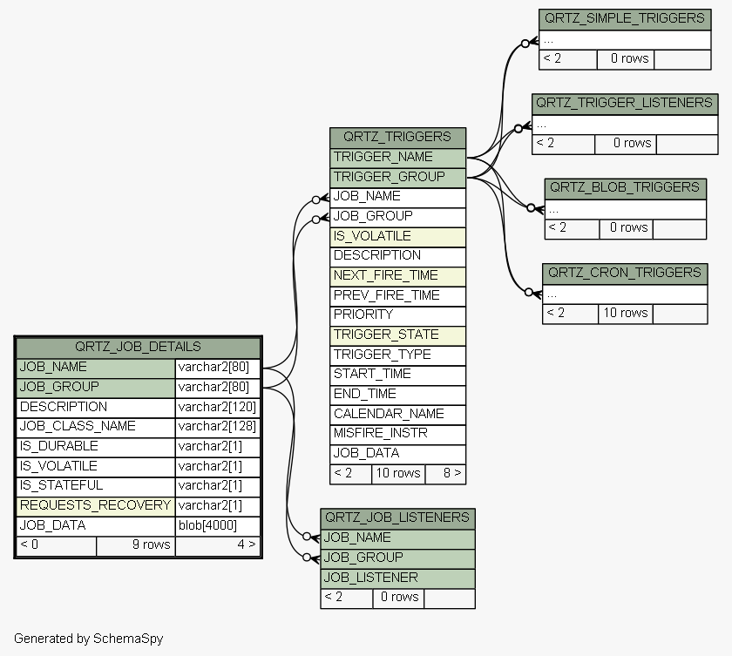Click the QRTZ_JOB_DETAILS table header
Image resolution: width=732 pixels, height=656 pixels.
click(139, 347)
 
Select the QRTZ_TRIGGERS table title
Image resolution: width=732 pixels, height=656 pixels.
click(397, 138)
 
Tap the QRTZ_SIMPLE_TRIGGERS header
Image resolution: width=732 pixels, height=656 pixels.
click(625, 19)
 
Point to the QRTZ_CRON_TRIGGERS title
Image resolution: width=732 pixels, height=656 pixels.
click(625, 274)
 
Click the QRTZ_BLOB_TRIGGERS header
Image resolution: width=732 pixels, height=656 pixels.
click(625, 188)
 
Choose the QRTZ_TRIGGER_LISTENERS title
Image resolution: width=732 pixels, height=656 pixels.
click(625, 104)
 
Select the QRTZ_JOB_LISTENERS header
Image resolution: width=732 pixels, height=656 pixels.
click(397, 518)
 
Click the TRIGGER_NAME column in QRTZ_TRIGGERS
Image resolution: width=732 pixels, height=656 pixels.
click(397, 158)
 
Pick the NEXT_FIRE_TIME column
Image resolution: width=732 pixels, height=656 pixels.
click(397, 276)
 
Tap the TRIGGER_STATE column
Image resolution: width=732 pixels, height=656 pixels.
click(397, 335)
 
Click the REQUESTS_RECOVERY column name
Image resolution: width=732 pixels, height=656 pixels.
click(96, 506)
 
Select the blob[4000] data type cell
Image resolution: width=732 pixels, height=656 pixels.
click(218, 526)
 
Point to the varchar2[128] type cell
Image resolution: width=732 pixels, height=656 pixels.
click(218, 427)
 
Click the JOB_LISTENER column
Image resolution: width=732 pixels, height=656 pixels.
click(397, 578)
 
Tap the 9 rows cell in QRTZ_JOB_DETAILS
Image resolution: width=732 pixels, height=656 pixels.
click(136, 546)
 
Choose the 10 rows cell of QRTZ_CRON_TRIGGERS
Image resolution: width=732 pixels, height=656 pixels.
click(626, 314)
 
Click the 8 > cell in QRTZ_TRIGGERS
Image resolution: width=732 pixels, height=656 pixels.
click(445, 474)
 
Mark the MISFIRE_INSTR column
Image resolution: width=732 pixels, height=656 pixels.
click(397, 434)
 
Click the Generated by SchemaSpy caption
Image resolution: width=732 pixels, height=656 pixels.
click(89, 639)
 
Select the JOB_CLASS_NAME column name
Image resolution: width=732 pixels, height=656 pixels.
click(96, 427)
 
